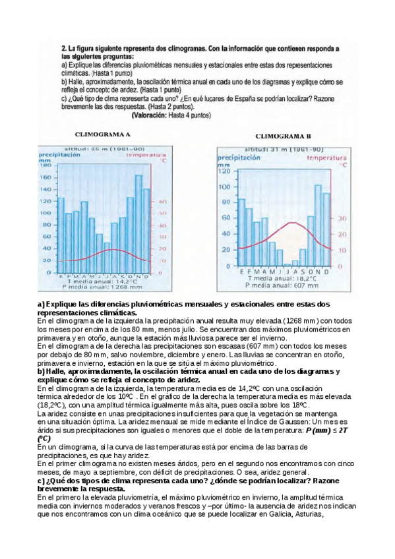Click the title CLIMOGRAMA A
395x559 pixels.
(x=106, y=134)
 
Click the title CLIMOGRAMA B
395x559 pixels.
(x=283, y=136)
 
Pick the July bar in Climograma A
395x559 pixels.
(x=107, y=257)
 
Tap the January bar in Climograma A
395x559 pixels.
(x=61, y=234)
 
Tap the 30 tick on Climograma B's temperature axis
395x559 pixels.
(x=342, y=218)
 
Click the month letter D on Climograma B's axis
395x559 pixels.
(x=326, y=272)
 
